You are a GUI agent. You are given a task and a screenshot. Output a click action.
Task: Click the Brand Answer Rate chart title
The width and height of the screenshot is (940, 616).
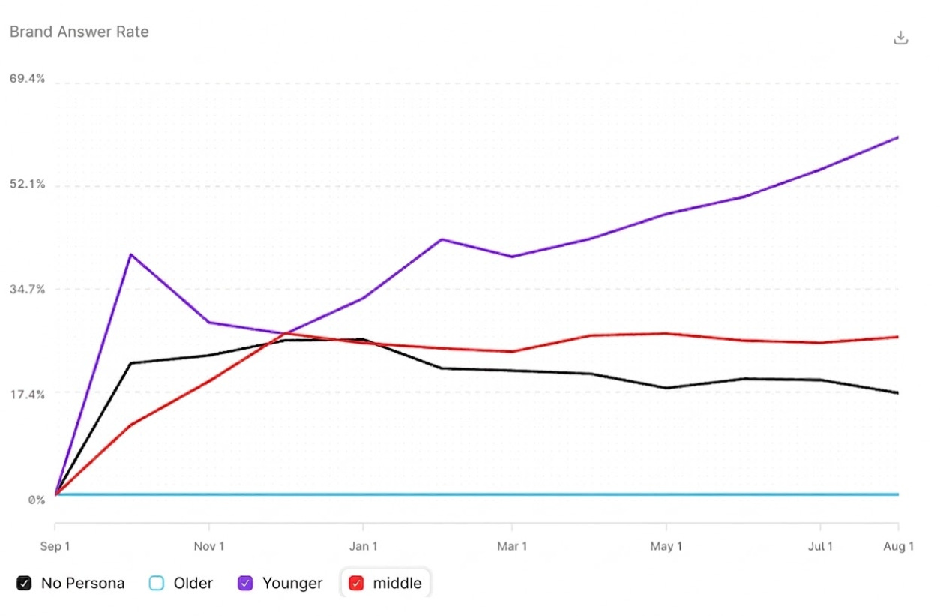click(x=79, y=32)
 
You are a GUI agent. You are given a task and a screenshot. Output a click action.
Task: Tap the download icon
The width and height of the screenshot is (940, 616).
click(x=900, y=38)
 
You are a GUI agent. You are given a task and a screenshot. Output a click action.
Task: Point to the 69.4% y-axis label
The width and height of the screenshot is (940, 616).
click(x=27, y=79)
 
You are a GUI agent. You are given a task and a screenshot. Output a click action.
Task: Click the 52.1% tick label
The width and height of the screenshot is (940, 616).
click(x=27, y=184)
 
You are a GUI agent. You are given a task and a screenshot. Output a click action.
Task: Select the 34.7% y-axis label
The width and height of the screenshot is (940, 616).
click(x=27, y=290)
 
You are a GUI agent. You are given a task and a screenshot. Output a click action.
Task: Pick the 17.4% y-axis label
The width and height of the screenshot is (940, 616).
click(x=27, y=395)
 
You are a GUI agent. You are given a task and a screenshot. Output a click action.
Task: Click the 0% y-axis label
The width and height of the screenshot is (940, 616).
click(x=37, y=500)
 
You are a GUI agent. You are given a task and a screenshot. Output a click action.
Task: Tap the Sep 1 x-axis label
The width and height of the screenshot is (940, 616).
click(x=55, y=546)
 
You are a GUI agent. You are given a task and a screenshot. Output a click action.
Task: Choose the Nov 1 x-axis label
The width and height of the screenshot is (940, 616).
click(x=209, y=546)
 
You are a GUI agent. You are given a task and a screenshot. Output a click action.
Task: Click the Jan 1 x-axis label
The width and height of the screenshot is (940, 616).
click(x=364, y=546)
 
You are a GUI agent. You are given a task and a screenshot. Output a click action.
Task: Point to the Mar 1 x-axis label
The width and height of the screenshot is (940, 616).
click(x=512, y=546)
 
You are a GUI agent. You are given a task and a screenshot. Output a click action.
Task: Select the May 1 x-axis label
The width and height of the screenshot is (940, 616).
click(x=666, y=546)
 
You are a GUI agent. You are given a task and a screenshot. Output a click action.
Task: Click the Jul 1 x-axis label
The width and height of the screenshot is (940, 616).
click(x=820, y=546)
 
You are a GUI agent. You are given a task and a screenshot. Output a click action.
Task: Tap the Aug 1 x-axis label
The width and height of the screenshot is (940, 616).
click(x=899, y=546)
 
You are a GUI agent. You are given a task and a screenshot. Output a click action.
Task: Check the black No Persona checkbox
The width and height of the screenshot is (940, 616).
click(x=24, y=583)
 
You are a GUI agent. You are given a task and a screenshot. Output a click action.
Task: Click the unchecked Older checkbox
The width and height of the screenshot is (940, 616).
click(x=157, y=583)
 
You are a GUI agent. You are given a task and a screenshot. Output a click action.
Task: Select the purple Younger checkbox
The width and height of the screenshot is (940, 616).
click(x=245, y=583)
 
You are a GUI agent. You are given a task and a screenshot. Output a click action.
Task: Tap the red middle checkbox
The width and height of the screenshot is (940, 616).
click(x=356, y=583)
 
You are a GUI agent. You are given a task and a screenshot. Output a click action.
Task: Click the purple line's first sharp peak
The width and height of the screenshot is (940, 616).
click(x=131, y=254)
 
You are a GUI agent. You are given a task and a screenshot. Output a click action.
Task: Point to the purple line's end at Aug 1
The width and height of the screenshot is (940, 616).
click(x=897, y=137)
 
